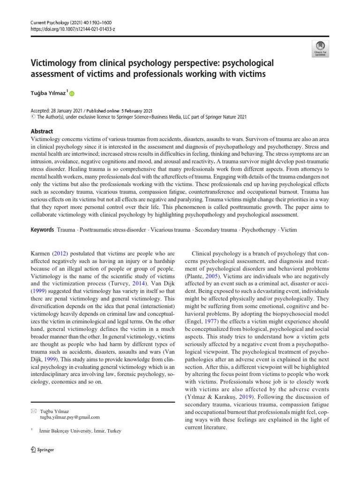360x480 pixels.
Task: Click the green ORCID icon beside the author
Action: [72, 94]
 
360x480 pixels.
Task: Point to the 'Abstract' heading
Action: [42, 132]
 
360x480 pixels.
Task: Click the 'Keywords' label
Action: [43, 230]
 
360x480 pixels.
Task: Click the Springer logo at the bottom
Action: [42, 450]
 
